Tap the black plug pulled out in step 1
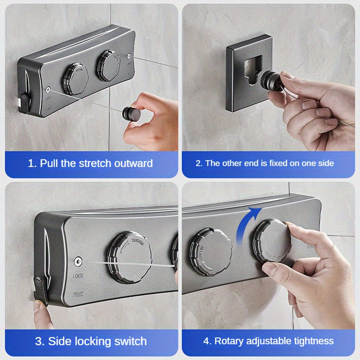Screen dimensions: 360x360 pos(129,111)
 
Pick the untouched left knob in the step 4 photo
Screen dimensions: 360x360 pos(210,255)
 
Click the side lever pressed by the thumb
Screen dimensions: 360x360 pos(41,290)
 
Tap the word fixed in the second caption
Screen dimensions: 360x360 pos(275,163)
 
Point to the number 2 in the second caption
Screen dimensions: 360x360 pos(198,163)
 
